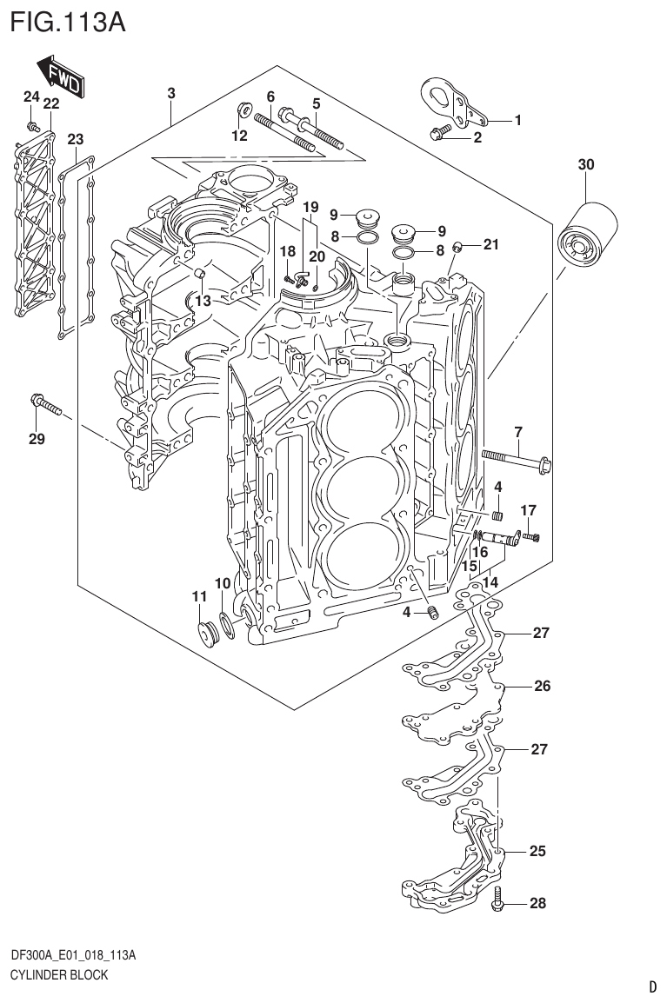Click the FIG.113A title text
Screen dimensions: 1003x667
point(67,22)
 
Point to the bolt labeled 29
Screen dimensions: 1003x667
point(46,404)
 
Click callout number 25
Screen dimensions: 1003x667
point(537,851)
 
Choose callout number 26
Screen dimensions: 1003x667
point(542,686)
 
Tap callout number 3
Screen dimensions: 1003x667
point(171,93)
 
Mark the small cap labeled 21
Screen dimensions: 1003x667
point(469,247)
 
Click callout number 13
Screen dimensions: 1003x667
point(202,301)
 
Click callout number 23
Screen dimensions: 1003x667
point(76,139)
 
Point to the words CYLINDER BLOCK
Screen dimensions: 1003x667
point(59,975)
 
